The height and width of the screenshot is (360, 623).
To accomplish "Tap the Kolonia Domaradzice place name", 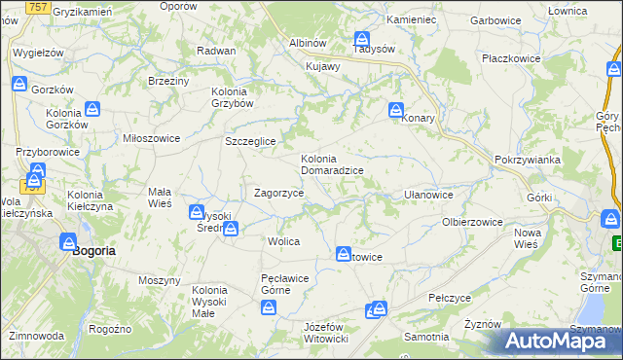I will pos(332,164).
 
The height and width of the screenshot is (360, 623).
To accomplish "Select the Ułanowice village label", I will pos(427,195).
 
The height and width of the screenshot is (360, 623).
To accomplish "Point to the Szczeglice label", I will pos(251,142).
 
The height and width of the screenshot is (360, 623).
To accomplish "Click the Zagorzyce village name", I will pos(278,194).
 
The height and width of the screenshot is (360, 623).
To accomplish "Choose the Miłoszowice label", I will pos(151,138).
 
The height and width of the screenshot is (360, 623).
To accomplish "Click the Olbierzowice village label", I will pos(472,222).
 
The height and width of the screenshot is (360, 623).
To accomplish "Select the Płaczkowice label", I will pos(511,58).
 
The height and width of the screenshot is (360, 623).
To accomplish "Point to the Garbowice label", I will pos(495,19).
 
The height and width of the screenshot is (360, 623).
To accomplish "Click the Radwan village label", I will pos(216,51).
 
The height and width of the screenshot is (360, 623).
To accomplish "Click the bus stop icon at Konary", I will pos(397,111).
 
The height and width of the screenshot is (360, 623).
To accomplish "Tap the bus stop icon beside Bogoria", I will pos(70,242).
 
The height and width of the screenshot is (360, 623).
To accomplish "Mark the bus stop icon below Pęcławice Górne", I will pos(270,307).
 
